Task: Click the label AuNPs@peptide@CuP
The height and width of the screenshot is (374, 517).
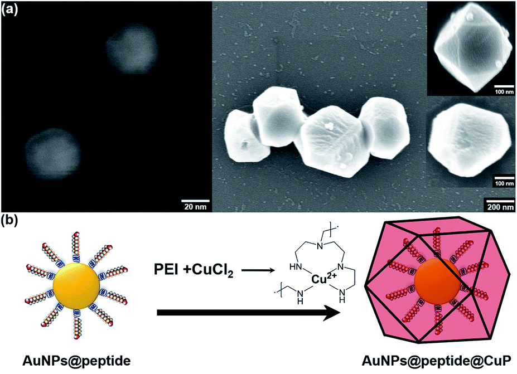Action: [x=437, y=360]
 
